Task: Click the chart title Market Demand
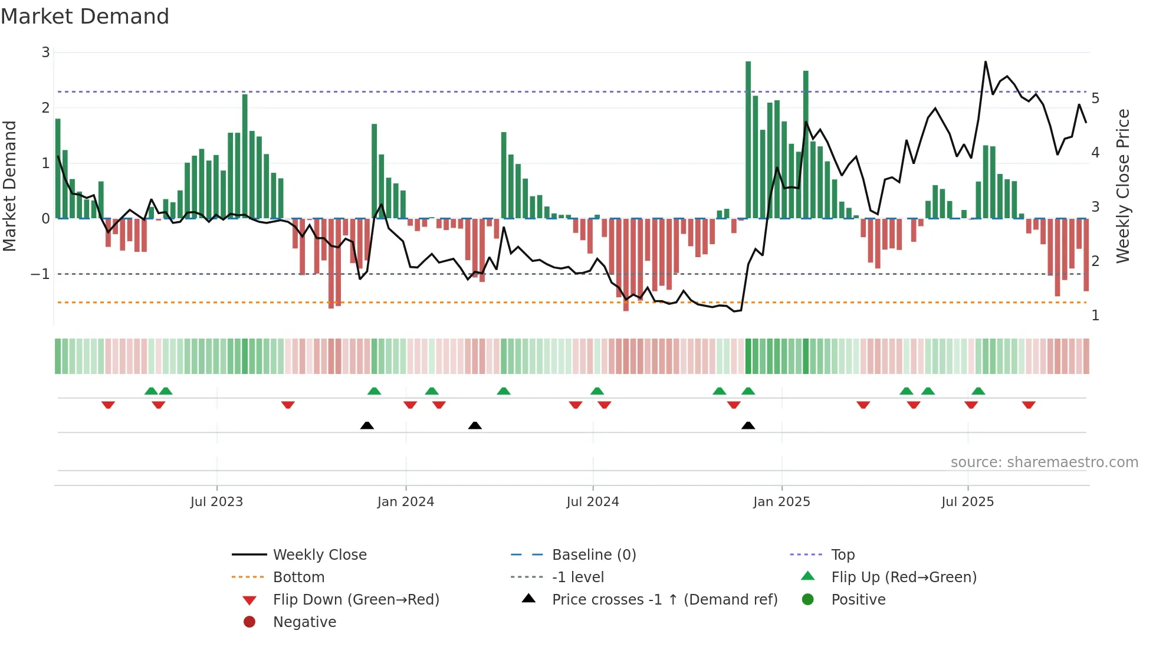[85, 17]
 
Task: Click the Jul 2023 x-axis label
[216, 502]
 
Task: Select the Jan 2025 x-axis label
[781, 502]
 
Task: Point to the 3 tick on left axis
[45, 52]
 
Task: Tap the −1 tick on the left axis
[40, 274]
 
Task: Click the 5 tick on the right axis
[1095, 98]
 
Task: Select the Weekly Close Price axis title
[1123, 186]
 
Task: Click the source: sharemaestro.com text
[1044, 462]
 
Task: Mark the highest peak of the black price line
[985, 62]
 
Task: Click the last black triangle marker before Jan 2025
[748, 426]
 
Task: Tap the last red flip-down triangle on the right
[1029, 405]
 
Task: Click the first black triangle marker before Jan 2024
[367, 426]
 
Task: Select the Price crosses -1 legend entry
[664, 600]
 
